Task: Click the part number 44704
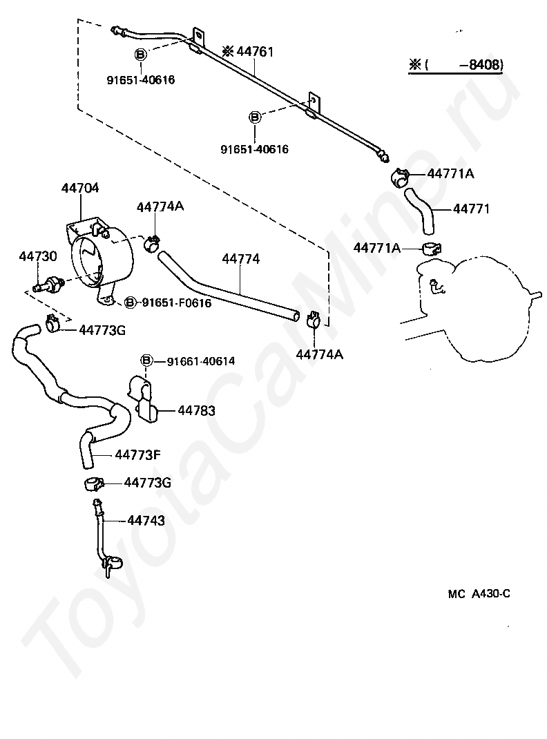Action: pyautogui.click(x=80, y=188)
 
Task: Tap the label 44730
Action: pyautogui.click(x=38, y=256)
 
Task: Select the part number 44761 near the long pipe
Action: pyautogui.click(x=255, y=51)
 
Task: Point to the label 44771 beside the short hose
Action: pyautogui.click(x=471, y=209)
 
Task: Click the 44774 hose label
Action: pyautogui.click(x=241, y=259)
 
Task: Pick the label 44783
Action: pyautogui.click(x=196, y=410)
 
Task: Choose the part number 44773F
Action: pyautogui.click(x=137, y=455)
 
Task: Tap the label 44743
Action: pyautogui.click(x=146, y=520)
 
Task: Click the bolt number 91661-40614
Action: pyautogui.click(x=201, y=361)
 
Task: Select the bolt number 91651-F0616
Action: pyautogui.click(x=177, y=303)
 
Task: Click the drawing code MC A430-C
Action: pyautogui.click(x=479, y=594)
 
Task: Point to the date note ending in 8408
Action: pyautogui.click(x=456, y=64)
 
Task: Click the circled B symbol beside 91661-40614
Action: pyautogui.click(x=146, y=361)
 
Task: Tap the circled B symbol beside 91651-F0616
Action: pyautogui.click(x=131, y=303)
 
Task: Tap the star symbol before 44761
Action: pyautogui.click(x=228, y=51)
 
